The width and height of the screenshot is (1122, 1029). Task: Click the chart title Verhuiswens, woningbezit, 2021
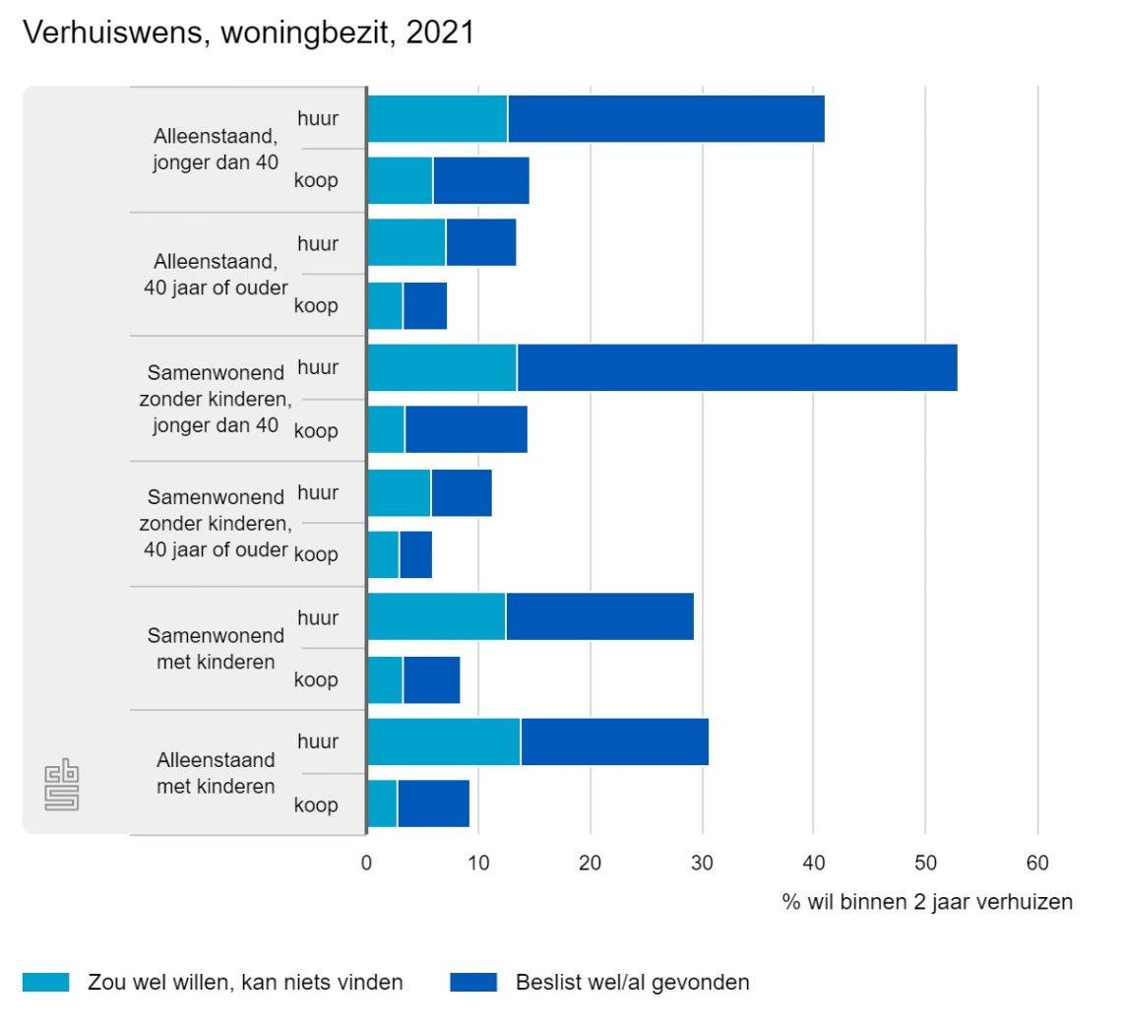[x=248, y=32]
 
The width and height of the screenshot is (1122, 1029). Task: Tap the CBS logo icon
[x=61, y=786]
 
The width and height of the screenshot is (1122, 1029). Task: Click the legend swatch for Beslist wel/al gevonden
[x=473, y=982]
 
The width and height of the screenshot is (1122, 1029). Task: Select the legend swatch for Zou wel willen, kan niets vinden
[x=45, y=982]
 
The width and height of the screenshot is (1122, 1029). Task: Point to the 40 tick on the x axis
[x=813, y=864]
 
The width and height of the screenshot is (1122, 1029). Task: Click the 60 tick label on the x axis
[x=1036, y=864]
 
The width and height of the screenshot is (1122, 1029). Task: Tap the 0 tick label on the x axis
[x=366, y=864]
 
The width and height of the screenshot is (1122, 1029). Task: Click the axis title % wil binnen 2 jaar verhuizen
[x=927, y=901]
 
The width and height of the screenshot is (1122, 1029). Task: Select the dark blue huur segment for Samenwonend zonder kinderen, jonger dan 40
[x=736, y=367]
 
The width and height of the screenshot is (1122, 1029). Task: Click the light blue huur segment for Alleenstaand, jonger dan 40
[x=437, y=118]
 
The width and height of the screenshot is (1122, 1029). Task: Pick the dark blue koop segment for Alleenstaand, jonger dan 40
[x=481, y=181]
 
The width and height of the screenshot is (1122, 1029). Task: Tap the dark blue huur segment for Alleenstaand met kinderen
[x=614, y=741]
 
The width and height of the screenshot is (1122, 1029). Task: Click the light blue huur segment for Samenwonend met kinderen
[x=436, y=617]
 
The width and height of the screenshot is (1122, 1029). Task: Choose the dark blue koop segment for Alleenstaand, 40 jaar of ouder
[x=425, y=305]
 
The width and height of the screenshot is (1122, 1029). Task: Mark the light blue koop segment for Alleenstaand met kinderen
[x=382, y=804]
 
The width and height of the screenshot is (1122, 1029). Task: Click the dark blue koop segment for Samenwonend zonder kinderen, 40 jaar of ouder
[x=415, y=554]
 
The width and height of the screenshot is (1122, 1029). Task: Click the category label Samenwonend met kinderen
[x=216, y=648]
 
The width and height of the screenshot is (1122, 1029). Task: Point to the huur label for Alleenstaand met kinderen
[x=318, y=741]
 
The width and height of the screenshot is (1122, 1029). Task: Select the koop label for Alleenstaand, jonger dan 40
[x=316, y=181]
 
